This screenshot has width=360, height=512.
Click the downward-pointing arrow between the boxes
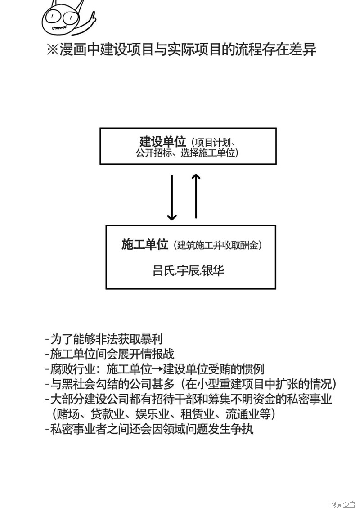tap(172, 197)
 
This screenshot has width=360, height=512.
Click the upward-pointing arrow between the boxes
tap(196, 196)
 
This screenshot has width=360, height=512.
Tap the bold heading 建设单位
tap(163, 142)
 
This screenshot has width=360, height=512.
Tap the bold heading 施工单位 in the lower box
tap(145, 245)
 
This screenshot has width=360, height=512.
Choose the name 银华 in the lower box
tap(213, 271)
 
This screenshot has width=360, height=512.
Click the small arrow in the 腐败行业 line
tap(157, 369)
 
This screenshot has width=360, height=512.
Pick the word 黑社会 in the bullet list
tap(79, 384)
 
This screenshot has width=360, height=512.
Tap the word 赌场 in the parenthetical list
tap(68, 414)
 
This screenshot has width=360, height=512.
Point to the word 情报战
tap(158, 354)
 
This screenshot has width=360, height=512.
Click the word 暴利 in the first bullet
tap(152, 339)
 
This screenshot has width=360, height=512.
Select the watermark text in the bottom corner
tap(342, 505)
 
